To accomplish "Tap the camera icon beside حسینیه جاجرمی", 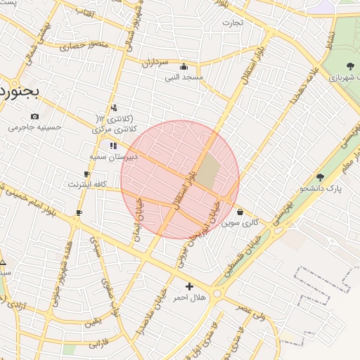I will (34, 116).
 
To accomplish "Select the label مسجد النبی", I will (184, 77).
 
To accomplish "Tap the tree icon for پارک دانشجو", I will (321, 178).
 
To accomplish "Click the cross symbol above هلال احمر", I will (189, 286).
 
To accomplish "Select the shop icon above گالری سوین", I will (240, 212).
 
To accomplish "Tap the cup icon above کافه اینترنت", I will (86, 174).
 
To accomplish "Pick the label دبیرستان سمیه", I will (113, 156).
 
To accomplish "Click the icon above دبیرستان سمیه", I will (113, 146).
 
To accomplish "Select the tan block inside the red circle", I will (207, 172).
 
